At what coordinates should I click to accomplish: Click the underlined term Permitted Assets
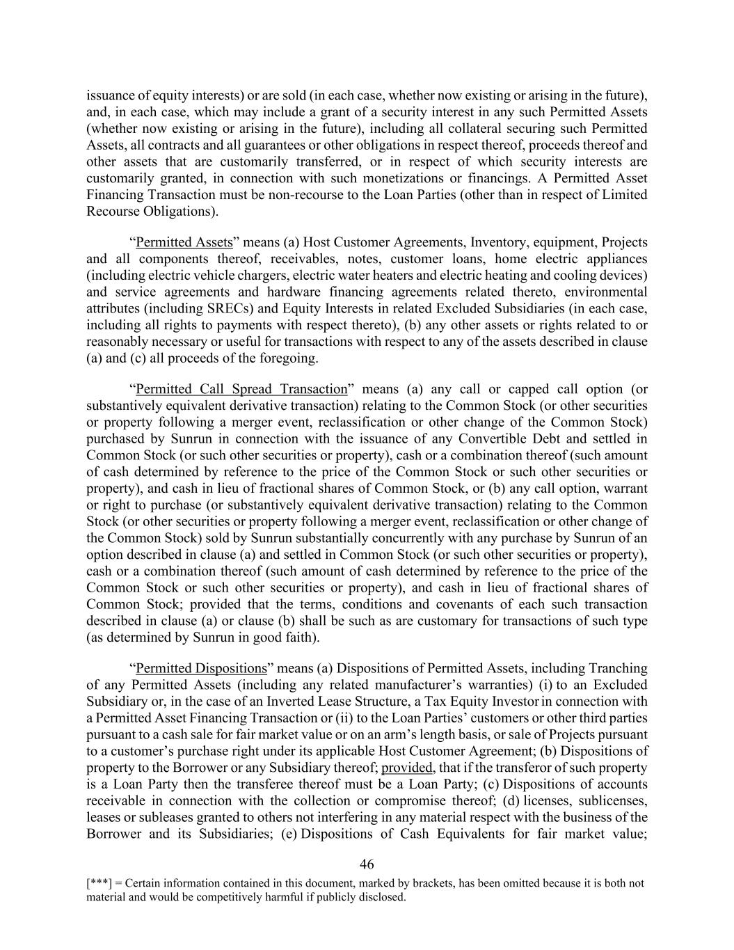click(x=184, y=243)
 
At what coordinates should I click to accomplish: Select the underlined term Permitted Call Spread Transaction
click(x=241, y=390)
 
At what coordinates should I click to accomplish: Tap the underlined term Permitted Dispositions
click(x=201, y=669)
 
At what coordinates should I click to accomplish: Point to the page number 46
click(x=367, y=865)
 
